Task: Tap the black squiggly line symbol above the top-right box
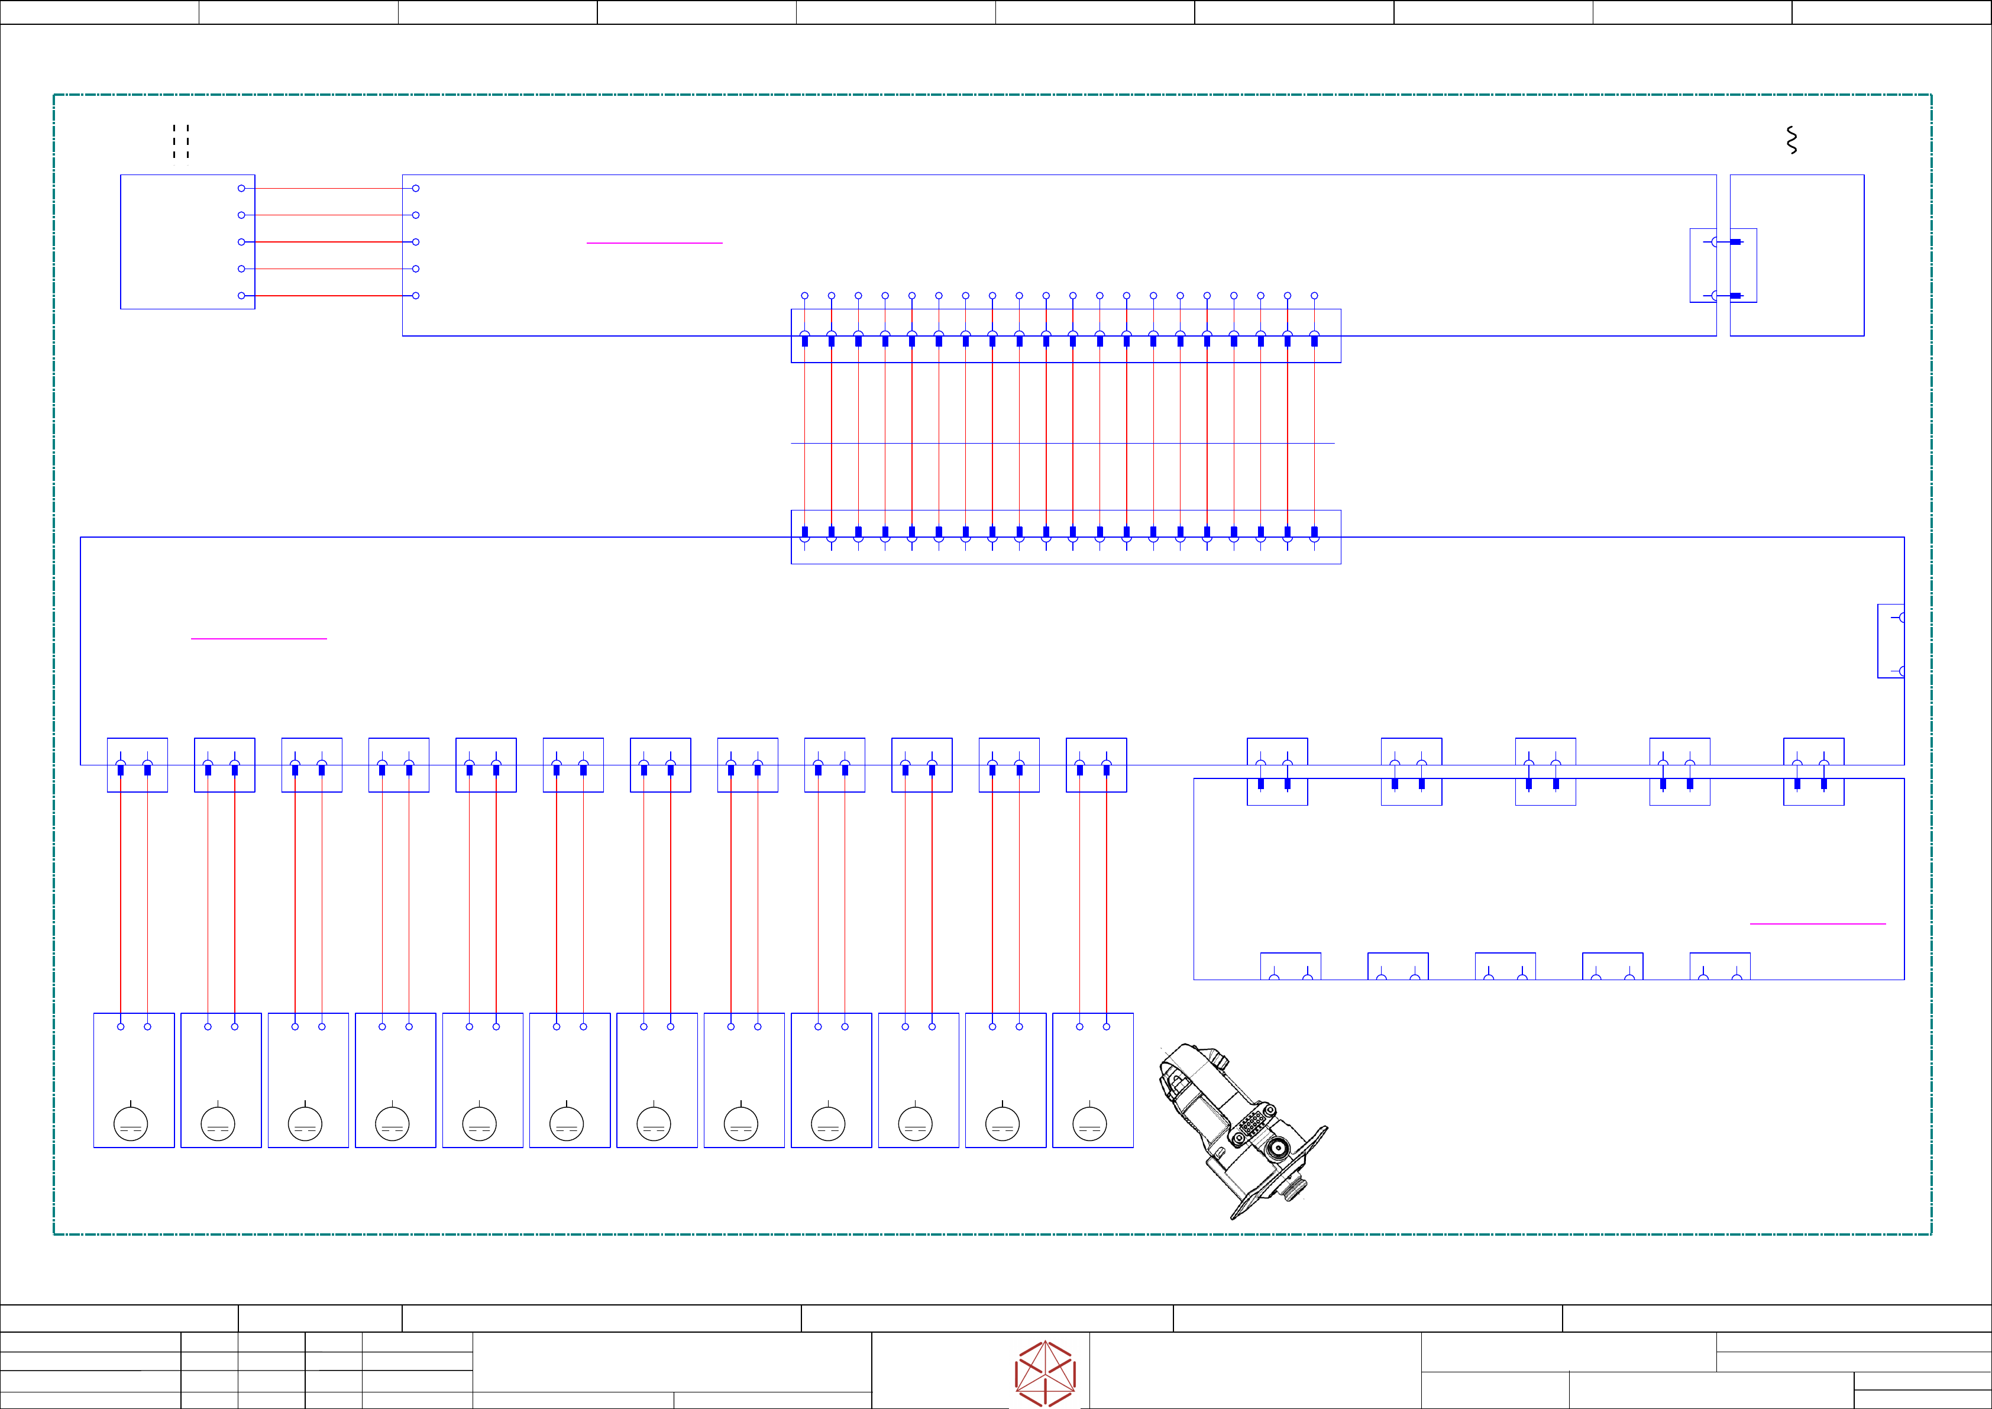click(1791, 141)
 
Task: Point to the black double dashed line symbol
click(180, 141)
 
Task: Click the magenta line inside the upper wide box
click(654, 243)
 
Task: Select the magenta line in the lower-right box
click(1818, 924)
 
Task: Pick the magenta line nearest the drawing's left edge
click(258, 639)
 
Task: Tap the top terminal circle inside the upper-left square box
click(241, 188)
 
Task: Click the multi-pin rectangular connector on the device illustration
click(1250, 1124)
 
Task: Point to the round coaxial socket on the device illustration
click(1277, 1149)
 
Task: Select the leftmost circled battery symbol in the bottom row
click(130, 1123)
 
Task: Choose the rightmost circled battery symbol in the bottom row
click(1089, 1123)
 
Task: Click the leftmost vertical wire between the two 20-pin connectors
click(804, 434)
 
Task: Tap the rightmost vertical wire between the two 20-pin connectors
click(1314, 434)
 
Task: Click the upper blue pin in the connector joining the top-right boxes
click(1735, 242)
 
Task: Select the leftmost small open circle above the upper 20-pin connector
click(804, 296)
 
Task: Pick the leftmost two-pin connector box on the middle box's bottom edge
click(137, 765)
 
